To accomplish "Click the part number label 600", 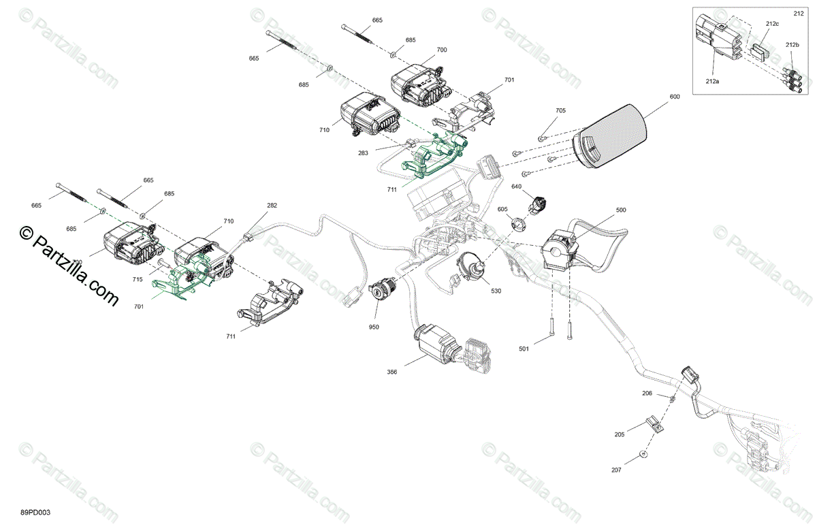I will click(x=674, y=97).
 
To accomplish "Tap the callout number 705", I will click(x=560, y=110).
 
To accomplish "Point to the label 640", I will click(x=516, y=187).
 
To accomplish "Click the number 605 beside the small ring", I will click(x=502, y=209).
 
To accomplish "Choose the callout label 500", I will click(x=620, y=210).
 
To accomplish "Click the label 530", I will click(x=496, y=291).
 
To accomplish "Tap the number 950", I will click(x=373, y=327).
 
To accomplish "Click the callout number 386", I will click(x=391, y=372).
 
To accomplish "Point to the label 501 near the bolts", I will click(x=524, y=349).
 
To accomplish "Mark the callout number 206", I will click(x=647, y=394).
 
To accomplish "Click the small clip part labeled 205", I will click(x=654, y=426).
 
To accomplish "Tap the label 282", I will click(x=272, y=205).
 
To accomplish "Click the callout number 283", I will click(x=363, y=153).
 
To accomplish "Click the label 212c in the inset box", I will click(x=771, y=24).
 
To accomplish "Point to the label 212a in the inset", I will click(x=712, y=80).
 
